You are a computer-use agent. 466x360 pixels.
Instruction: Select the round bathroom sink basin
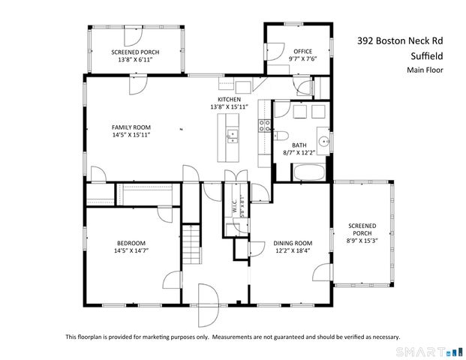click(x=323, y=139)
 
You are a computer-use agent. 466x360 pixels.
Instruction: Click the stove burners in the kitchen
click(x=265, y=125)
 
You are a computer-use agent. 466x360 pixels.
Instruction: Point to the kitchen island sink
click(x=233, y=136)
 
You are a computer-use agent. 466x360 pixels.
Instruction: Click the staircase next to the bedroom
click(x=193, y=243)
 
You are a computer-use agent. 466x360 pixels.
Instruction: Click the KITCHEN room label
click(x=229, y=99)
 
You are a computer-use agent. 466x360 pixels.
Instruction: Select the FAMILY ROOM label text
click(x=131, y=127)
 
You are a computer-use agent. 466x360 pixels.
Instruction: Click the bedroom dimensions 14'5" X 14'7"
click(x=131, y=251)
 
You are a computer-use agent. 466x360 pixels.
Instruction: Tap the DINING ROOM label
click(x=292, y=243)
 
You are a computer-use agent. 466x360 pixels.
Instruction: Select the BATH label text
click(x=299, y=145)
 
